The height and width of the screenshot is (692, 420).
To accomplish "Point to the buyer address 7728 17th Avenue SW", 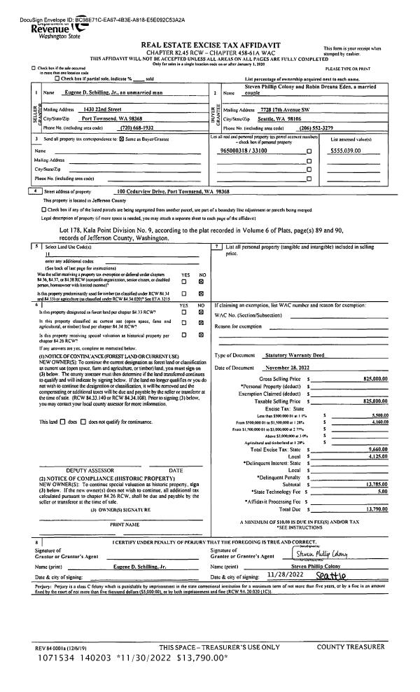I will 279,109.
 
